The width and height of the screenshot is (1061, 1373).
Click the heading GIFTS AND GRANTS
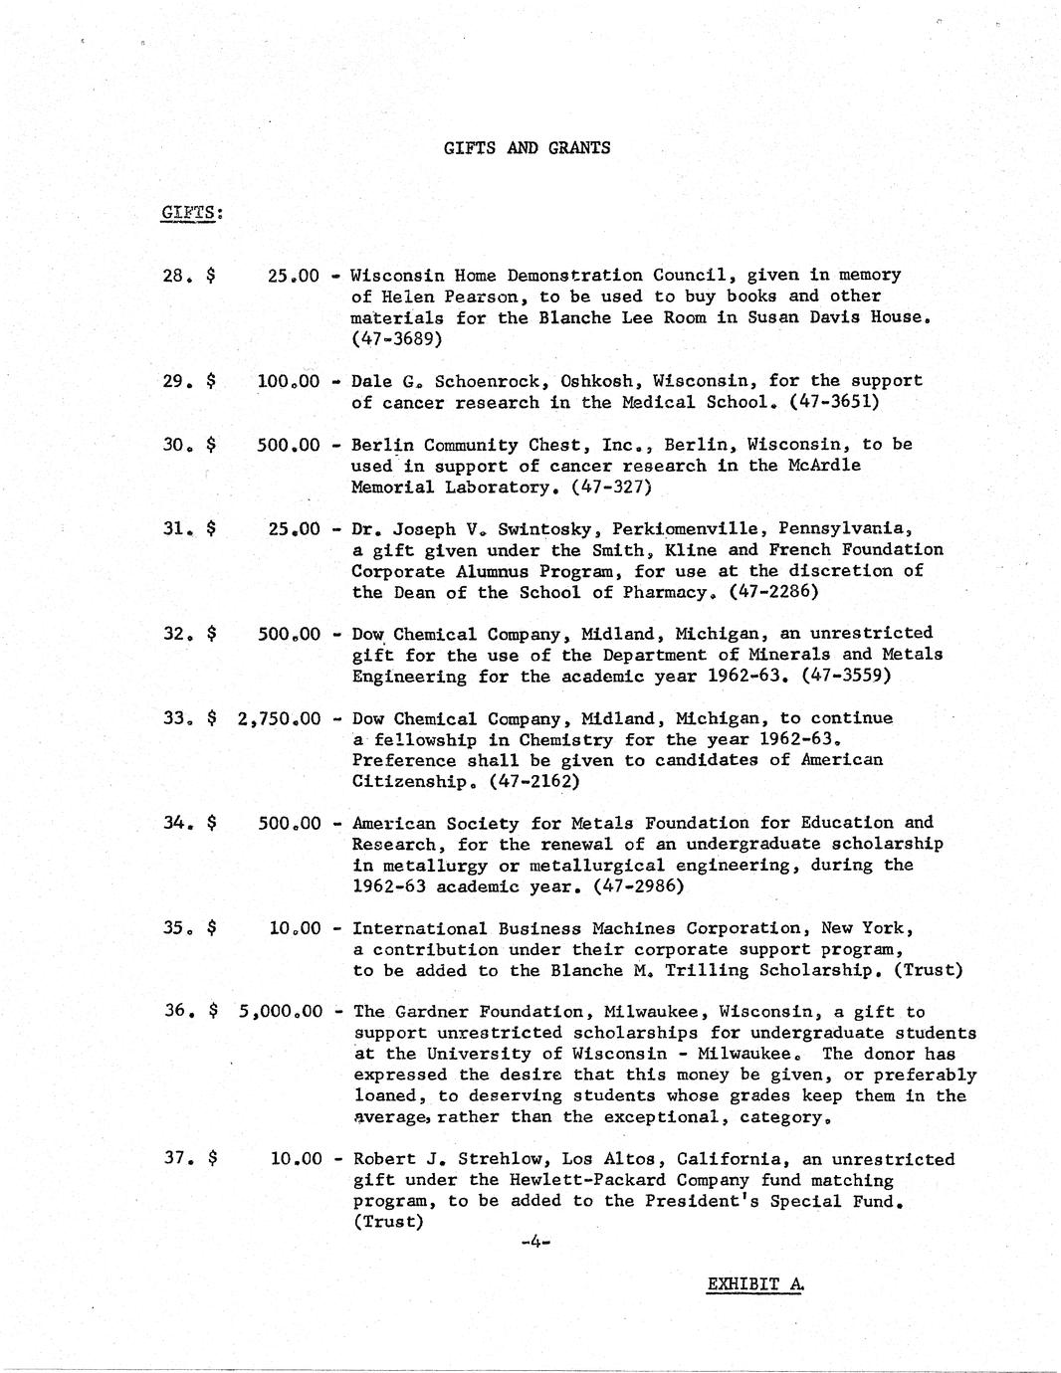(x=527, y=148)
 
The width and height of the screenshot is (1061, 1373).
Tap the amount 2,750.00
(x=280, y=718)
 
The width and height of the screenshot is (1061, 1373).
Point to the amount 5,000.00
(x=281, y=1012)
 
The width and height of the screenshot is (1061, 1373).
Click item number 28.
(x=175, y=275)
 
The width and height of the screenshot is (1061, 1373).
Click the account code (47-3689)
(x=397, y=338)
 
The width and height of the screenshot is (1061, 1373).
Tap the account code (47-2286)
(x=773, y=592)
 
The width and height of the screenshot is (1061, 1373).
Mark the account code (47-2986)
(x=638, y=885)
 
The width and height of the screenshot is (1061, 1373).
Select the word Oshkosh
(x=596, y=381)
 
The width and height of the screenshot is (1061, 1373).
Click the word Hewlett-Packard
(x=587, y=1180)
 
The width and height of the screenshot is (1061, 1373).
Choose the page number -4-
(x=534, y=1242)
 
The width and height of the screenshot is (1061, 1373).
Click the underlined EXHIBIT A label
(x=754, y=1283)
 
